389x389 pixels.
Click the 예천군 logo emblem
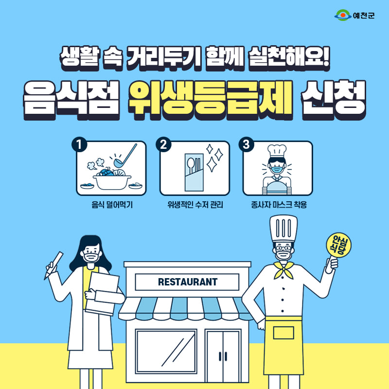point(343,15)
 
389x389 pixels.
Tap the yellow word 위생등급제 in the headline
point(211,100)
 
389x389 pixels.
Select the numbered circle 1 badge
point(79,144)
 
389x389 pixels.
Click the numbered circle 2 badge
point(163,144)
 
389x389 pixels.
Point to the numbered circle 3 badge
point(246,144)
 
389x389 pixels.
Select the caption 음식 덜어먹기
point(112,205)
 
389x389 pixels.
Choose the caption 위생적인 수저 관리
point(195,205)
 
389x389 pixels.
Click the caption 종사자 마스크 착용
point(279,205)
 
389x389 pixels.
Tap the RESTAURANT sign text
point(188,282)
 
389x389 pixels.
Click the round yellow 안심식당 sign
point(338,245)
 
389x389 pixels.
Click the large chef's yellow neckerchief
point(284,270)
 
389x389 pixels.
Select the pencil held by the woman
point(53,265)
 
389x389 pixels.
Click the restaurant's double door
point(223,356)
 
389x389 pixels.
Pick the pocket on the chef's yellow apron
point(283,333)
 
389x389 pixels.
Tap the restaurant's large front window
point(166,351)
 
